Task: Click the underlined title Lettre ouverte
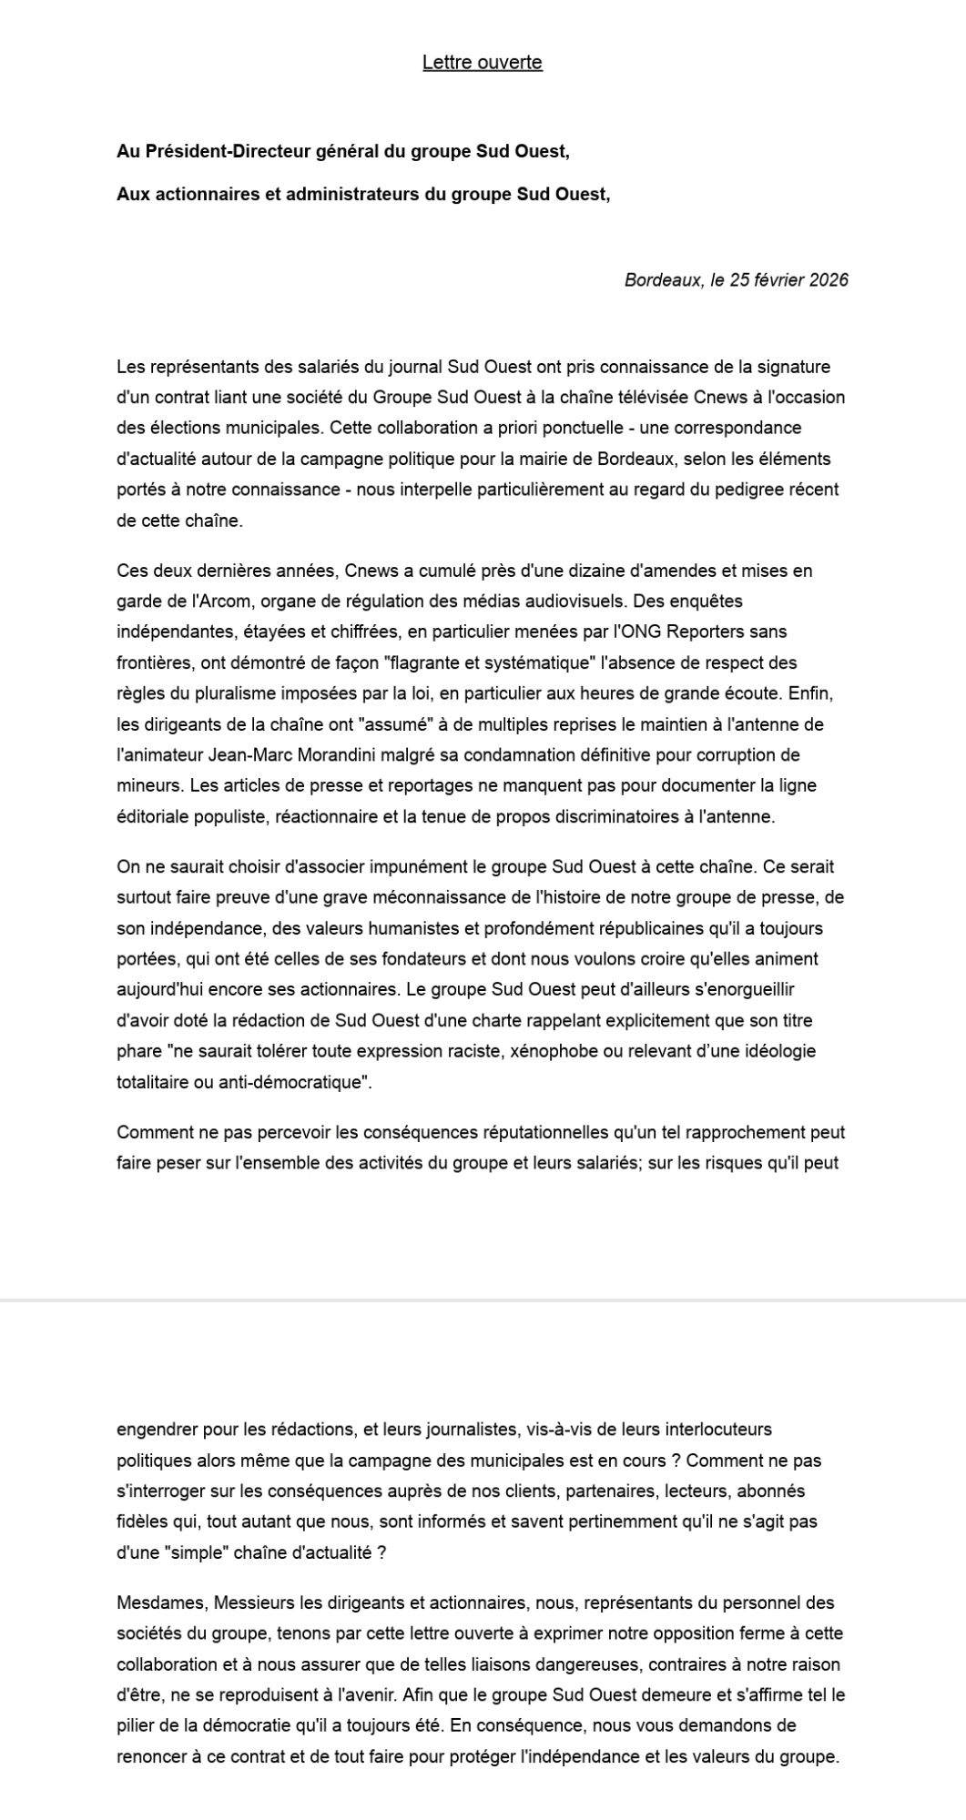[482, 62]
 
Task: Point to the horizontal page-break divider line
[483, 1299]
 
